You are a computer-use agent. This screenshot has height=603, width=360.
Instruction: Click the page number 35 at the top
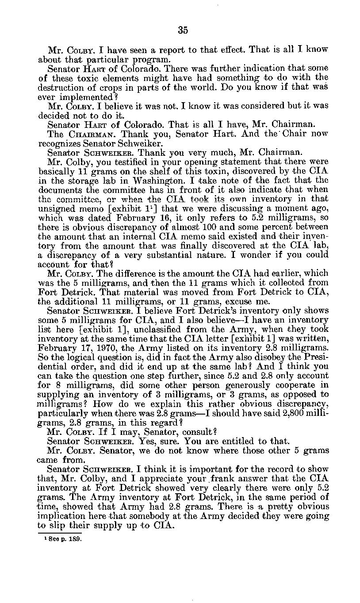tap(183, 30)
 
